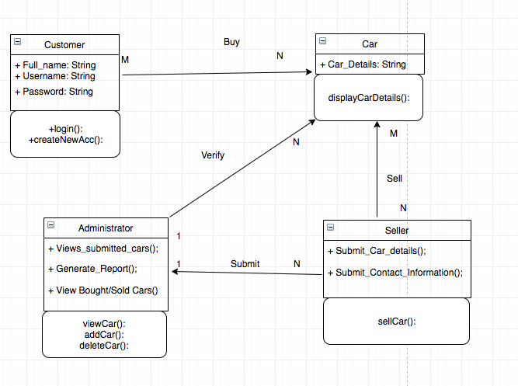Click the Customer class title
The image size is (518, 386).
[64, 45]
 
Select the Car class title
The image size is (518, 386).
[370, 44]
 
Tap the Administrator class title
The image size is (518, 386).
[106, 228]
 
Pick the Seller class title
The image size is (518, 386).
[396, 230]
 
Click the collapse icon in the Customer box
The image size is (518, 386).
[18, 43]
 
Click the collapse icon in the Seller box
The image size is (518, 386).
[330, 229]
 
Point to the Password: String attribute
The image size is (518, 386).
[54, 92]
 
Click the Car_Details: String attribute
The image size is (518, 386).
[363, 64]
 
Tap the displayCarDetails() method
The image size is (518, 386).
[369, 98]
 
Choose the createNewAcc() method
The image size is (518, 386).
[65, 140]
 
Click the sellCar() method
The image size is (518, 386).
[396, 321]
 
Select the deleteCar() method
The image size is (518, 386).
[104, 346]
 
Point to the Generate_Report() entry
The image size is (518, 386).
[96, 269]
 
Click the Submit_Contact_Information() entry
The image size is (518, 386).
[395, 272]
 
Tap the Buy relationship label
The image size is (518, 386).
[231, 42]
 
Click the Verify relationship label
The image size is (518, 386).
[213, 155]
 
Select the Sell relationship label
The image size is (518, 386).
[395, 179]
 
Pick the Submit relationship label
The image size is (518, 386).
[245, 264]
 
